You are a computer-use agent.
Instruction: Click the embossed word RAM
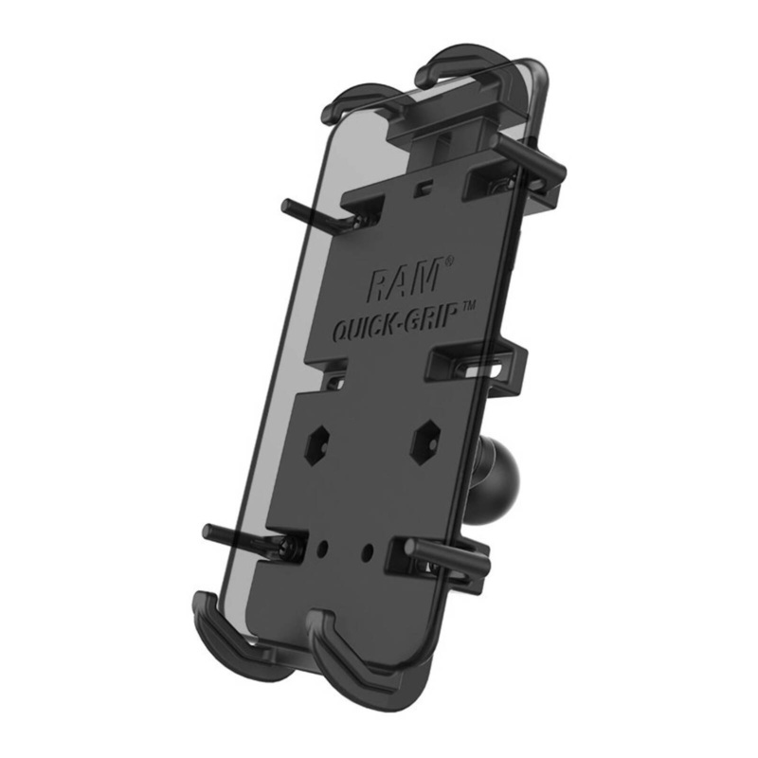pos(403,281)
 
